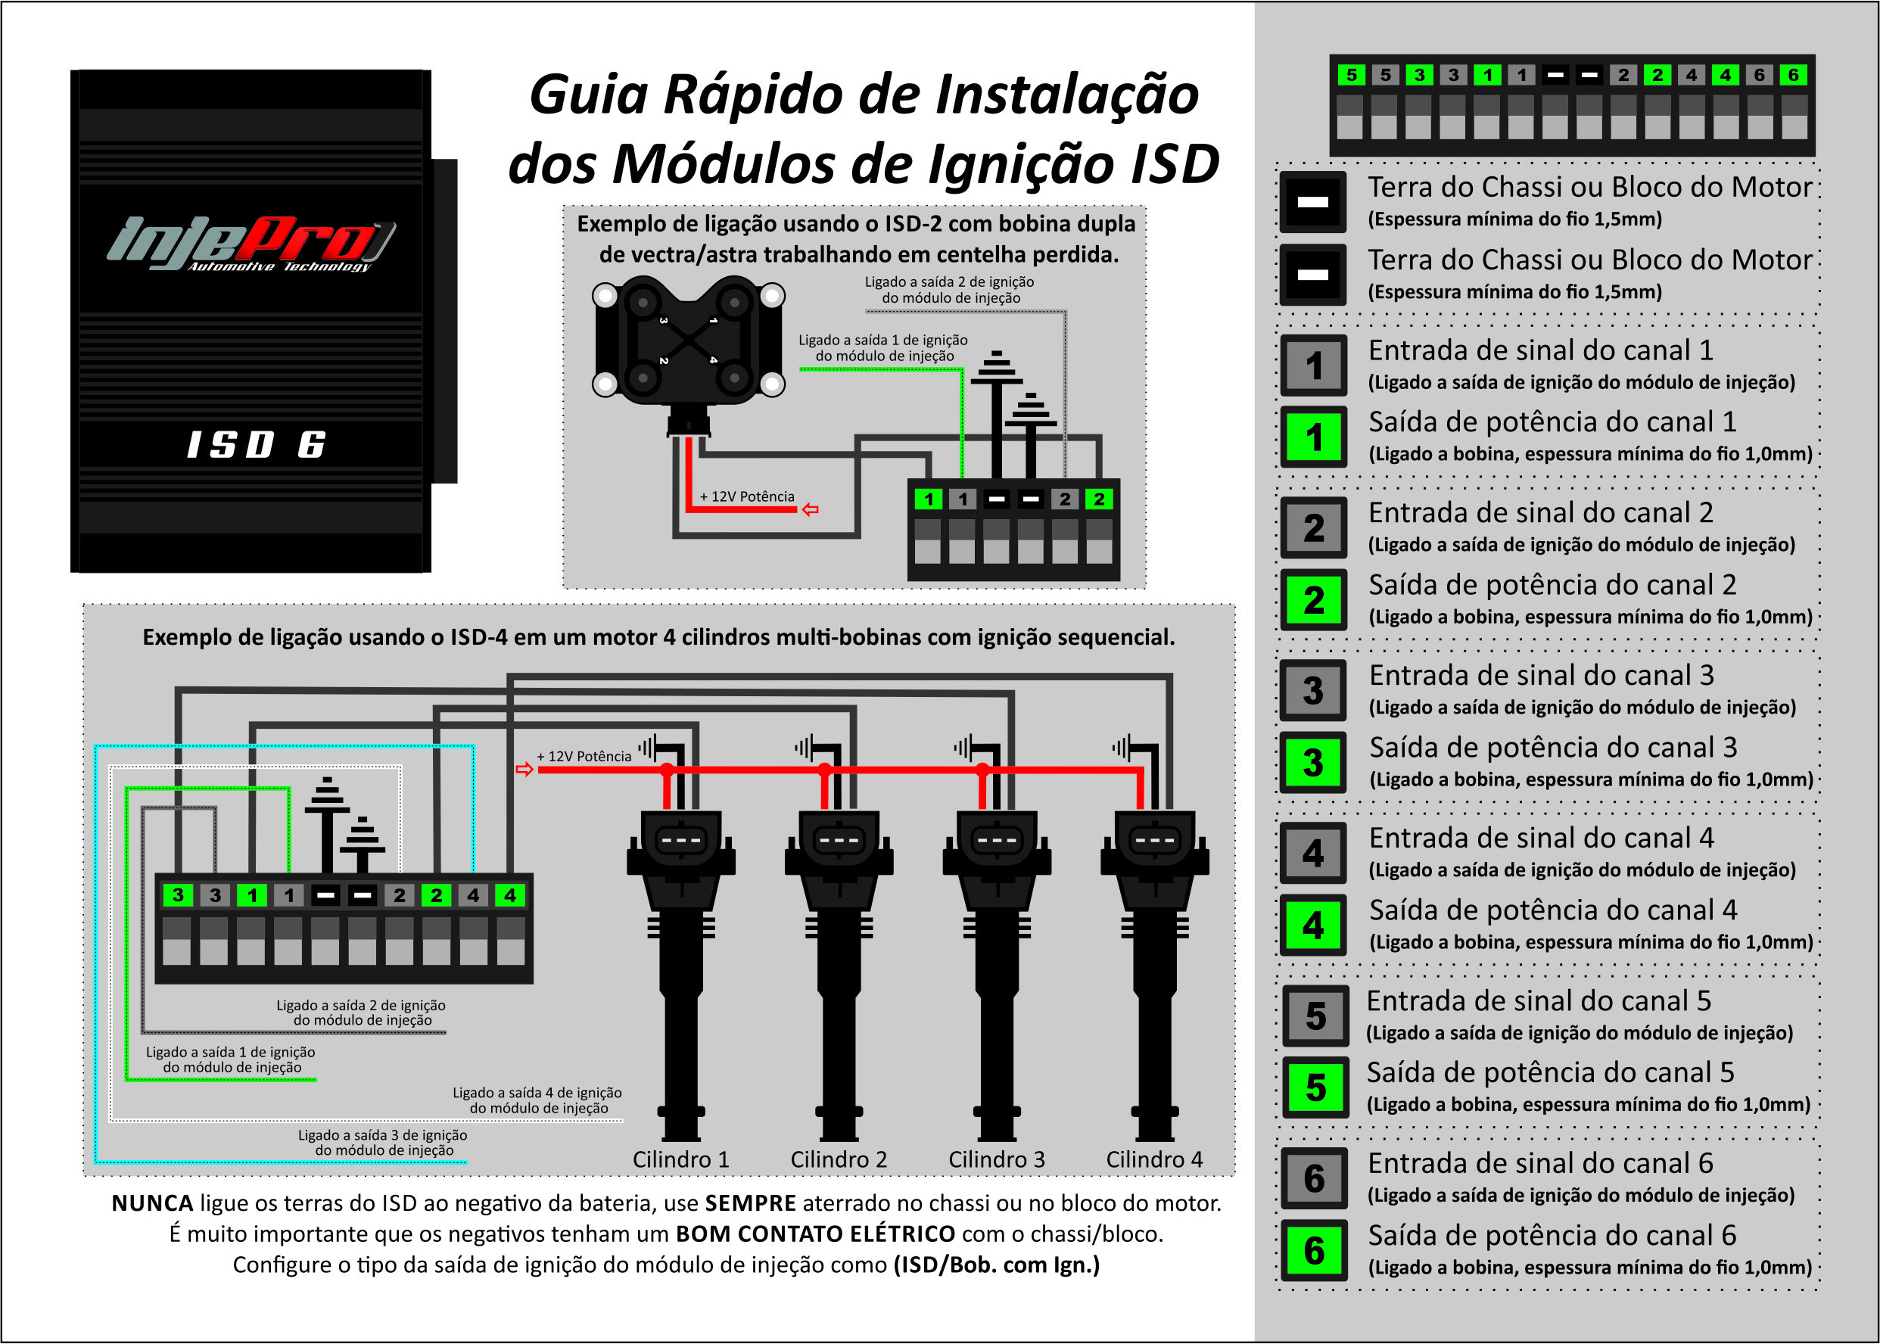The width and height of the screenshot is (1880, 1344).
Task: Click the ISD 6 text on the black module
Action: (x=257, y=444)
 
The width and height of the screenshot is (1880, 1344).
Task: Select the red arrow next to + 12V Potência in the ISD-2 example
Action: (x=810, y=509)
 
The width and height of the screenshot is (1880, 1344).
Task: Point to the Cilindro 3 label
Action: (x=996, y=1159)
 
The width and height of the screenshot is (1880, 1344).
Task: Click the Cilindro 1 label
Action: (x=680, y=1159)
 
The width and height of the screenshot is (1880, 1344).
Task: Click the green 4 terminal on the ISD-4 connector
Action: (x=509, y=894)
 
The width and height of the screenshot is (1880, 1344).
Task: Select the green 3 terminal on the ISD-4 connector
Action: (x=178, y=894)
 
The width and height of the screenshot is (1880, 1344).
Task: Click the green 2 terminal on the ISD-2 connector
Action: (x=1099, y=499)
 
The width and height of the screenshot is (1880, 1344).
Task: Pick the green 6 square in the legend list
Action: (x=1314, y=1249)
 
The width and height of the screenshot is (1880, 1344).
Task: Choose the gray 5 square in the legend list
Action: (x=1315, y=1016)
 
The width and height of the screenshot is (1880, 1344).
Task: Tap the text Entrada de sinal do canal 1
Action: (x=1540, y=350)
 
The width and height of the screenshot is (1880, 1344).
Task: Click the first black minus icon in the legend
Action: (x=1312, y=201)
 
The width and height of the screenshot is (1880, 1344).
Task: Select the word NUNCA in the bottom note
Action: (x=152, y=1202)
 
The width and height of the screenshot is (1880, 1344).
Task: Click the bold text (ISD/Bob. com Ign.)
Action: (x=996, y=1265)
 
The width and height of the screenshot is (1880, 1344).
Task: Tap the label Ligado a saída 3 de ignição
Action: (x=382, y=1135)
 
